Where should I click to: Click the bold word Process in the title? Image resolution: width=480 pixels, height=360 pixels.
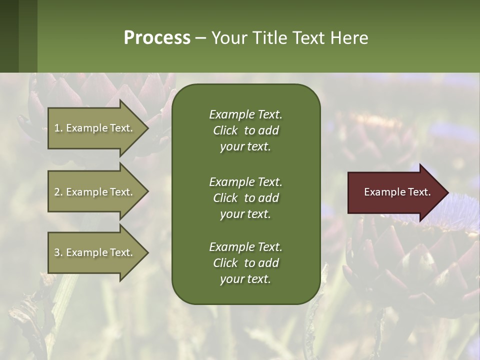tap(157, 38)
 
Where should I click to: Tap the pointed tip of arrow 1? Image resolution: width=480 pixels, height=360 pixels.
tap(146, 128)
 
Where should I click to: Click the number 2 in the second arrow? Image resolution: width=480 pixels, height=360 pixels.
tap(57, 192)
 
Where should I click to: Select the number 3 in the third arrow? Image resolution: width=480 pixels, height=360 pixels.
tap(57, 252)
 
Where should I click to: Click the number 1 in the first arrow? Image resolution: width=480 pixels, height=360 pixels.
tap(57, 128)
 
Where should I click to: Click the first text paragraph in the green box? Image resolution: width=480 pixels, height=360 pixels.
tap(245, 130)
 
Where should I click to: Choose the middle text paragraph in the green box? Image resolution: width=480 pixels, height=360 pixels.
tap(245, 198)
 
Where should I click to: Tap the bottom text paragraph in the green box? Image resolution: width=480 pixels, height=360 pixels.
tap(245, 263)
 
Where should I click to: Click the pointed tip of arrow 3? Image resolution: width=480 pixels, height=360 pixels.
tap(146, 252)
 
